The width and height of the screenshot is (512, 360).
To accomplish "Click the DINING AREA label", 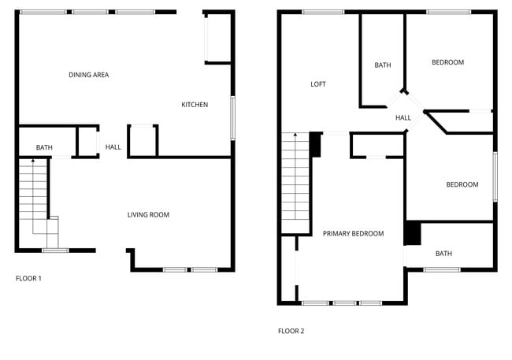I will point(88,75).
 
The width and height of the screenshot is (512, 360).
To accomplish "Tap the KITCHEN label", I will point(195,105).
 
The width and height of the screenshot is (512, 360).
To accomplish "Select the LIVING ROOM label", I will point(149,214).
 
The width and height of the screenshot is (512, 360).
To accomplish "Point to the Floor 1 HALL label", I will point(113,147).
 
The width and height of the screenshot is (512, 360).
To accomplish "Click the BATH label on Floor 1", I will point(44,147).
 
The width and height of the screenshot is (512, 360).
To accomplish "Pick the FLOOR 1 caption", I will point(29,278).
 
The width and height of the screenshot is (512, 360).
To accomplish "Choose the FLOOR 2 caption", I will point(291,331).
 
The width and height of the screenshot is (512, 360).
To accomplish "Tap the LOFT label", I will point(318,84).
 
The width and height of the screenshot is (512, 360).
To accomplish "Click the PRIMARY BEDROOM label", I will point(353,233).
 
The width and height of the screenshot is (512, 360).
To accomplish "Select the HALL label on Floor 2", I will point(403,117).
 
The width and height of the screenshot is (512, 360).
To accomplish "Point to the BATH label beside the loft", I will point(383,65).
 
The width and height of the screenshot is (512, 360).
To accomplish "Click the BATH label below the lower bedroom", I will point(443,254).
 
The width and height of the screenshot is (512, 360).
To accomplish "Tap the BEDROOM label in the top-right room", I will point(447,62).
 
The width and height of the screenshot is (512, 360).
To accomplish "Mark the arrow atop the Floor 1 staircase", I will point(32,161).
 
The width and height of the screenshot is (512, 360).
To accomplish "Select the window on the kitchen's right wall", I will point(232,118).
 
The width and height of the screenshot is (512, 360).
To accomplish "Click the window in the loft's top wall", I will point(323,12).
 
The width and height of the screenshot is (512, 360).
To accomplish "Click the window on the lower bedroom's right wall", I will point(495,176).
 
